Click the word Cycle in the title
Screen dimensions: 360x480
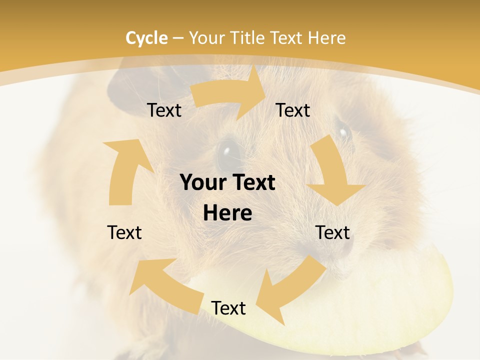click(x=146, y=38)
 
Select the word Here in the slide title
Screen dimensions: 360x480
click(x=326, y=38)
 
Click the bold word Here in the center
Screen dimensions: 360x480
click(x=227, y=213)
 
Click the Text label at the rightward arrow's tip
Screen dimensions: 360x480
click(x=293, y=110)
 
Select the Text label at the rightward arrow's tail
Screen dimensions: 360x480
click(x=164, y=110)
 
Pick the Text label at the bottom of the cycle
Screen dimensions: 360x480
click(x=228, y=308)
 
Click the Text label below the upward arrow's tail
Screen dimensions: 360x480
click(x=124, y=232)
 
